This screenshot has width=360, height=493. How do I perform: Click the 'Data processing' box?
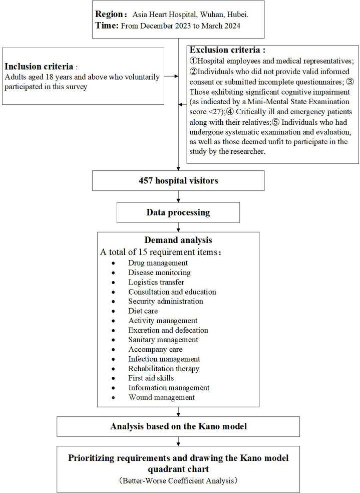point(179,212)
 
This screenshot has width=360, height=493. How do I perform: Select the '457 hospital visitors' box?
point(179,181)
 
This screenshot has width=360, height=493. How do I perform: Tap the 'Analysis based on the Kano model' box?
point(178,426)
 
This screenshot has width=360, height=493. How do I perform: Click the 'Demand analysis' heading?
point(179,240)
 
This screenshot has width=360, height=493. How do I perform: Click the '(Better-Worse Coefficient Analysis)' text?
point(178,480)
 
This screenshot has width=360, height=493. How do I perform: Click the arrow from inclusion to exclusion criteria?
point(171,76)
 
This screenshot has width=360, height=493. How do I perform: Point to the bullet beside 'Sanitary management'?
point(116,340)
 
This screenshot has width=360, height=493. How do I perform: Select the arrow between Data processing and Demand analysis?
point(179,227)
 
